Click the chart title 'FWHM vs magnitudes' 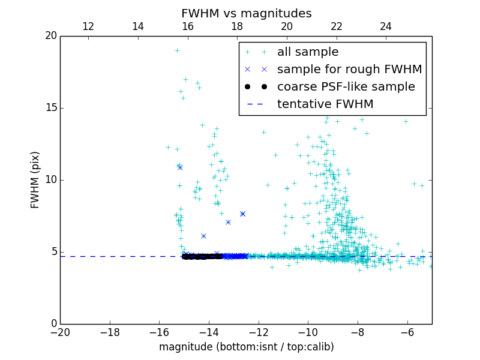tap(246, 13)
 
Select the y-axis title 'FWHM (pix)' tap(35, 180)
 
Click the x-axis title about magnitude tap(246, 347)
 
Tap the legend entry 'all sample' tap(308, 52)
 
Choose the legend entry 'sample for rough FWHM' tap(349, 70)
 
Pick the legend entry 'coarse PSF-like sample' tap(346, 87)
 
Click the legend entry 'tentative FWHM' tap(325, 104)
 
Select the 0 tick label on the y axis tap(53, 324)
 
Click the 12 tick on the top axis tap(88, 26)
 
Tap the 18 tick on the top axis tap(237, 26)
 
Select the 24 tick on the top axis tap(386, 26)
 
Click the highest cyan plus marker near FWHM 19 tap(177, 50)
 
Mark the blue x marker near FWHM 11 tap(179, 167)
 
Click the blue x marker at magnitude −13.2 tap(228, 222)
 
